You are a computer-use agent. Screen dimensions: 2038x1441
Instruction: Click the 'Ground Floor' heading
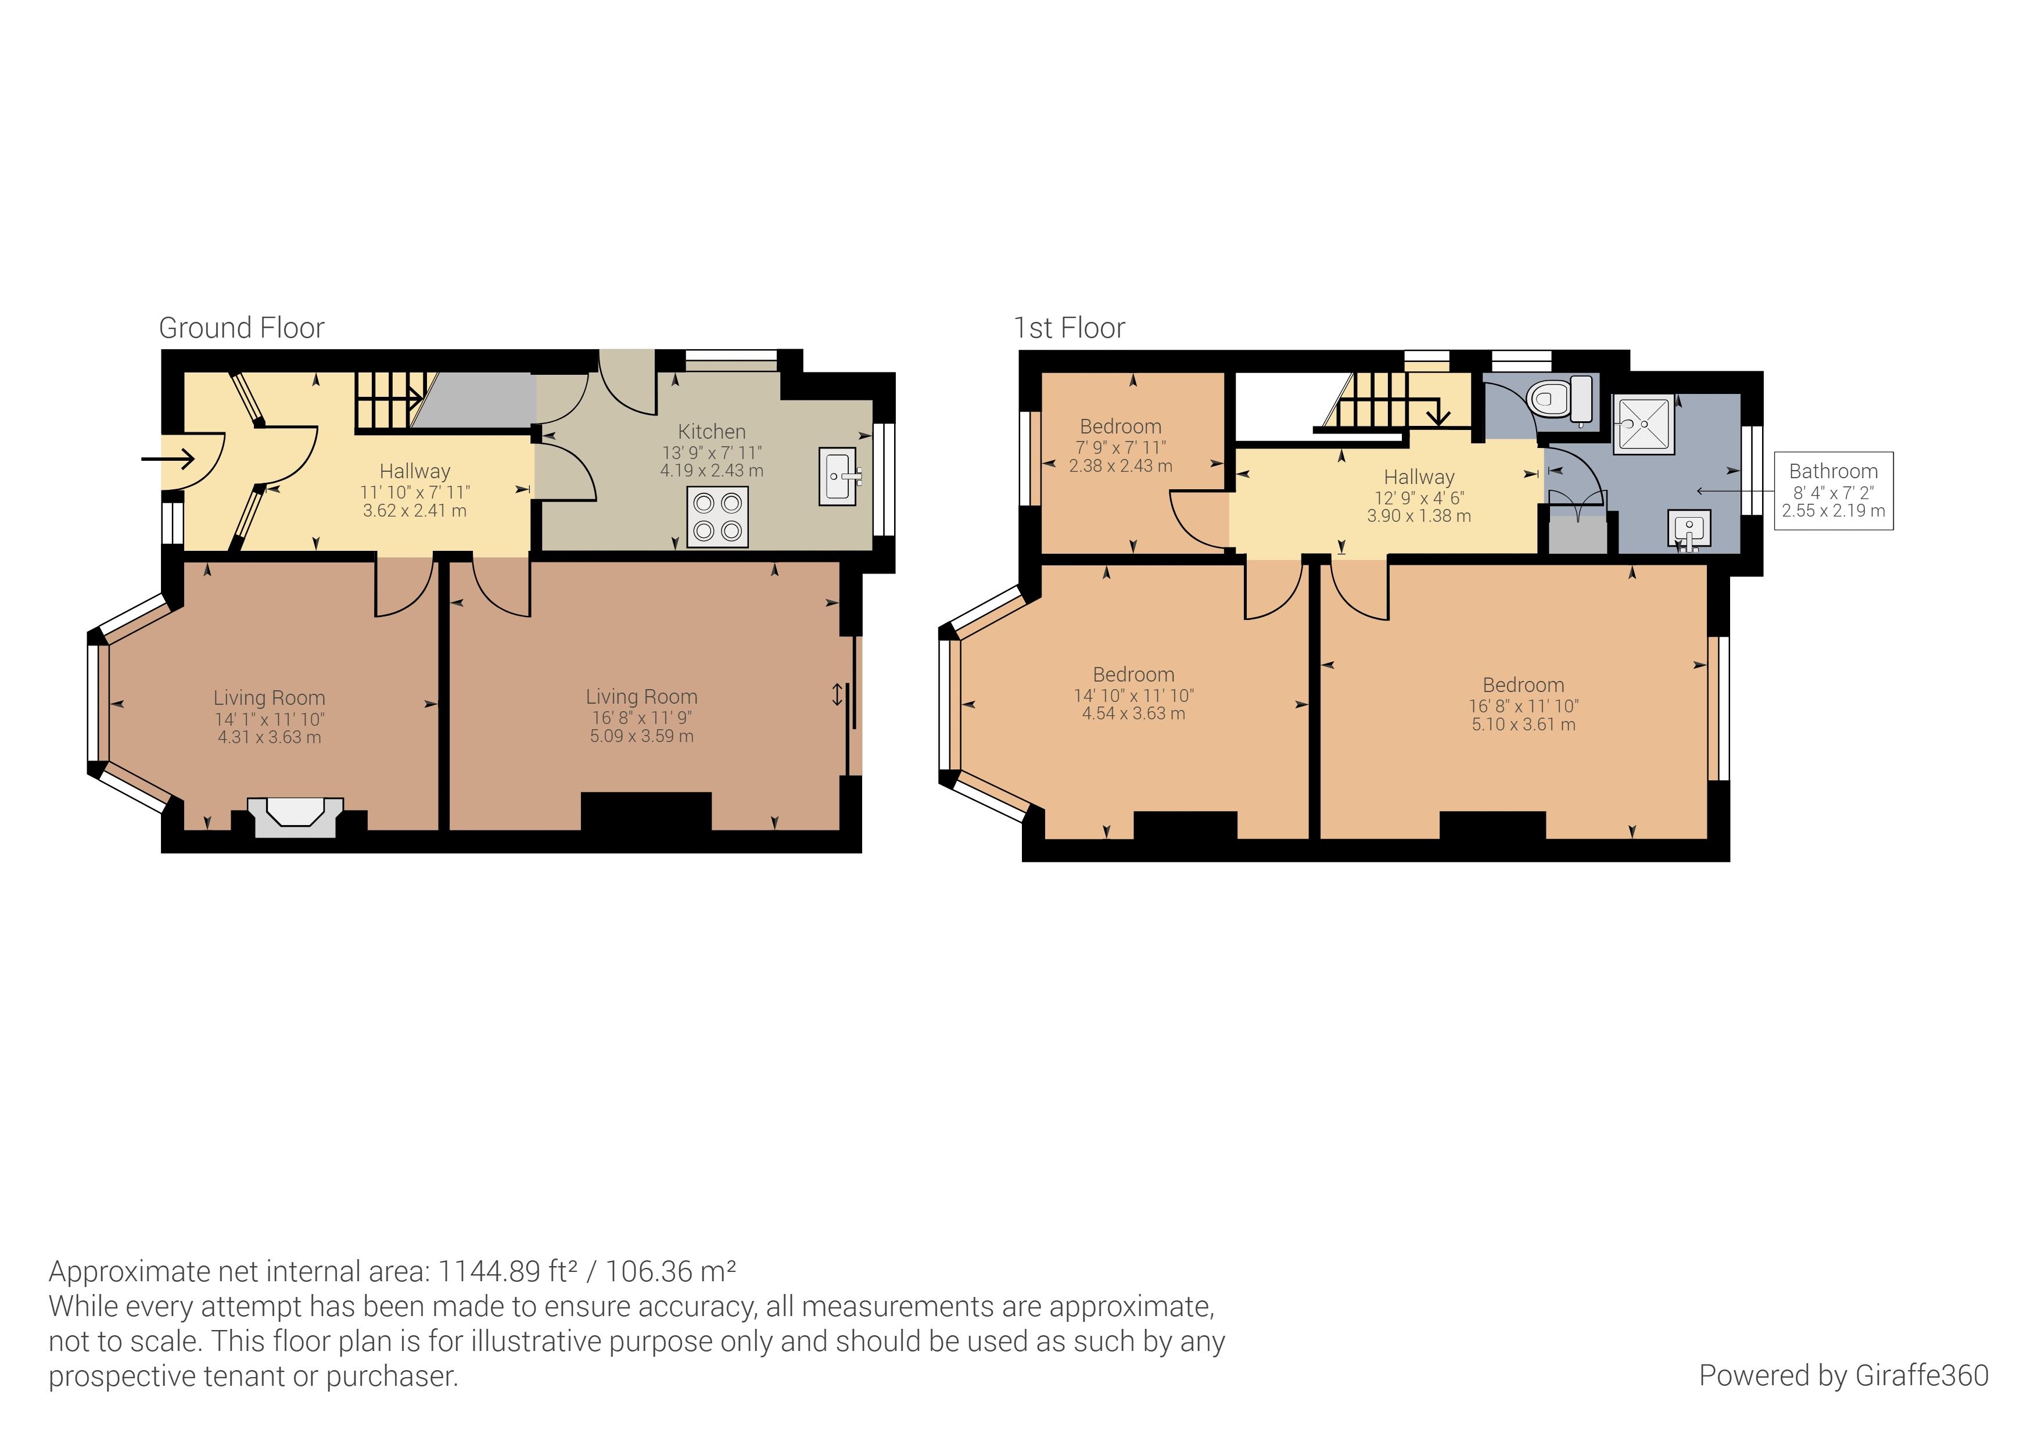(242, 328)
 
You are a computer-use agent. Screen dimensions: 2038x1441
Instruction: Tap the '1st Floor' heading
(1070, 328)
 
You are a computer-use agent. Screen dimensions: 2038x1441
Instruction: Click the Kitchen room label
(712, 432)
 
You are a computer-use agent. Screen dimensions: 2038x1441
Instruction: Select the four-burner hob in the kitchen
(717, 517)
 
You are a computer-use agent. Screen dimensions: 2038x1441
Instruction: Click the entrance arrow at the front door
(168, 459)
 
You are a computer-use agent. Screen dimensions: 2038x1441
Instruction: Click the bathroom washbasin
(1689, 530)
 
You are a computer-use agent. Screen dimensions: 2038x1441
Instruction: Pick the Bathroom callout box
(1834, 491)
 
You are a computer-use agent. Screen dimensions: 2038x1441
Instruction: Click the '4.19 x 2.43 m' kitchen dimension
(712, 471)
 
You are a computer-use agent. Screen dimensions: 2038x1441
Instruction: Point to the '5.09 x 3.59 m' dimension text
(642, 736)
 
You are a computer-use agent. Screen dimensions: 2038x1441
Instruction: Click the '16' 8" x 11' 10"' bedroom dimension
(1523, 706)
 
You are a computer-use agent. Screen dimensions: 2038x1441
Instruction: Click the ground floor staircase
(389, 400)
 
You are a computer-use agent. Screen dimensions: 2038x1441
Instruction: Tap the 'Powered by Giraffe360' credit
(1843, 1375)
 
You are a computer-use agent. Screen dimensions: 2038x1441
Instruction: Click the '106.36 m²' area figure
(671, 1271)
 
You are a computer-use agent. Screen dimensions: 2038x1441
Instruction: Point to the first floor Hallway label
(1419, 477)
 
